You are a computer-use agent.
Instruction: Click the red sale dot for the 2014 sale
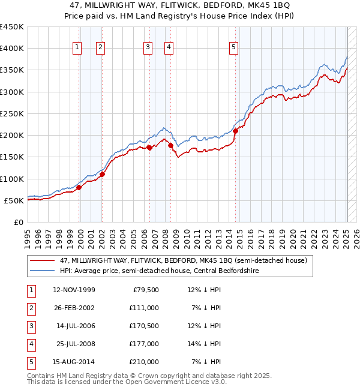(235, 131)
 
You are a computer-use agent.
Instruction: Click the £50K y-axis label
(14, 200)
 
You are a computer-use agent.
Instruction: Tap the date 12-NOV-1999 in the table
(74, 290)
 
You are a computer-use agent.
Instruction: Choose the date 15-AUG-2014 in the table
(74, 362)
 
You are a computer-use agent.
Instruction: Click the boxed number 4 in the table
(30, 344)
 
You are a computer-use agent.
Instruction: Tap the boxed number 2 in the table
(30, 308)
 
